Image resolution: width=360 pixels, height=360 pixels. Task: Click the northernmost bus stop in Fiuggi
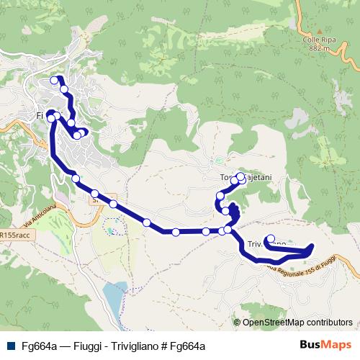coord(54,81)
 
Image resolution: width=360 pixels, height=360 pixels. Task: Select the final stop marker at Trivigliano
coord(271,239)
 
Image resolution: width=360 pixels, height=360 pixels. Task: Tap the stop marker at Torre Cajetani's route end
coord(241,176)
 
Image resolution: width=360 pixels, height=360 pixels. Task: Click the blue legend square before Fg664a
coord(9,346)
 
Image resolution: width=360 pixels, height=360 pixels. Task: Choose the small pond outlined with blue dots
coord(113,231)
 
